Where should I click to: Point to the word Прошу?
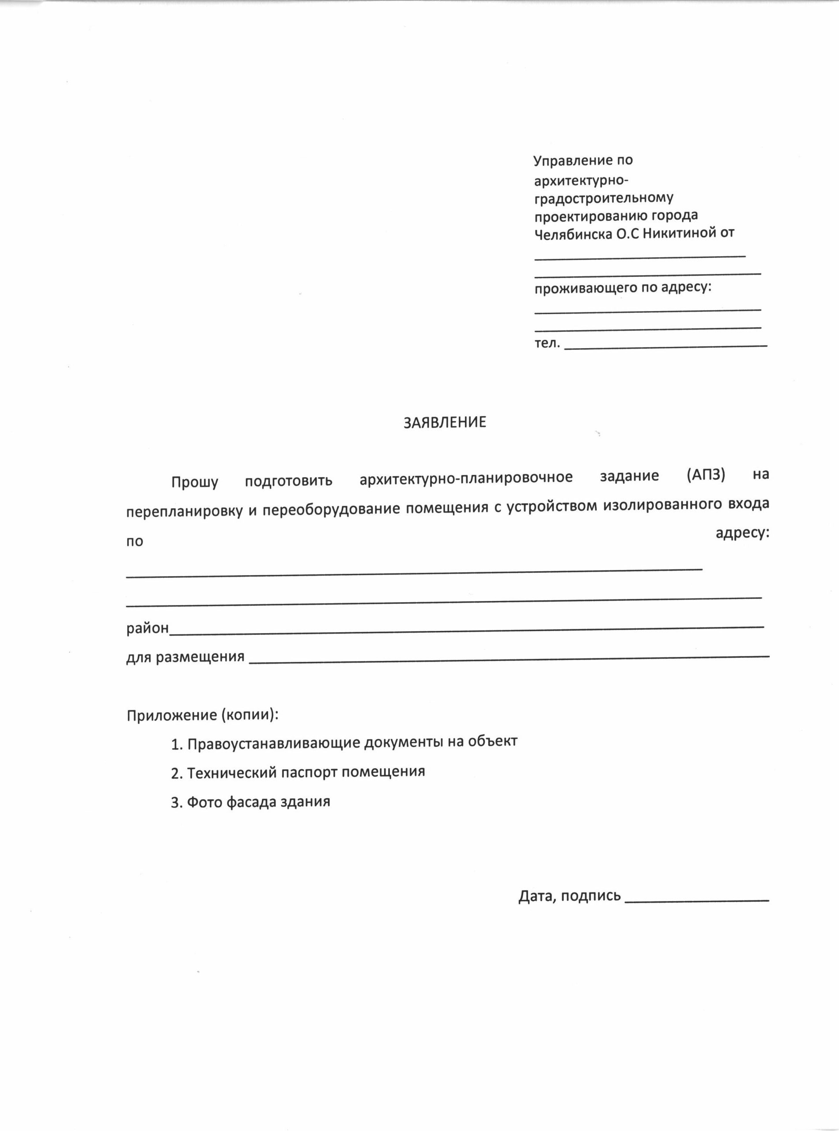click(x=194, y=482)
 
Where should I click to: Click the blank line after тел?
click(x=665, y=346)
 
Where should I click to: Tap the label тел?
click(x=547, y=343)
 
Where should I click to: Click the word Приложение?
click(x=172, y=715)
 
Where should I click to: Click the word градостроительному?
click(x=603, y=198)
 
